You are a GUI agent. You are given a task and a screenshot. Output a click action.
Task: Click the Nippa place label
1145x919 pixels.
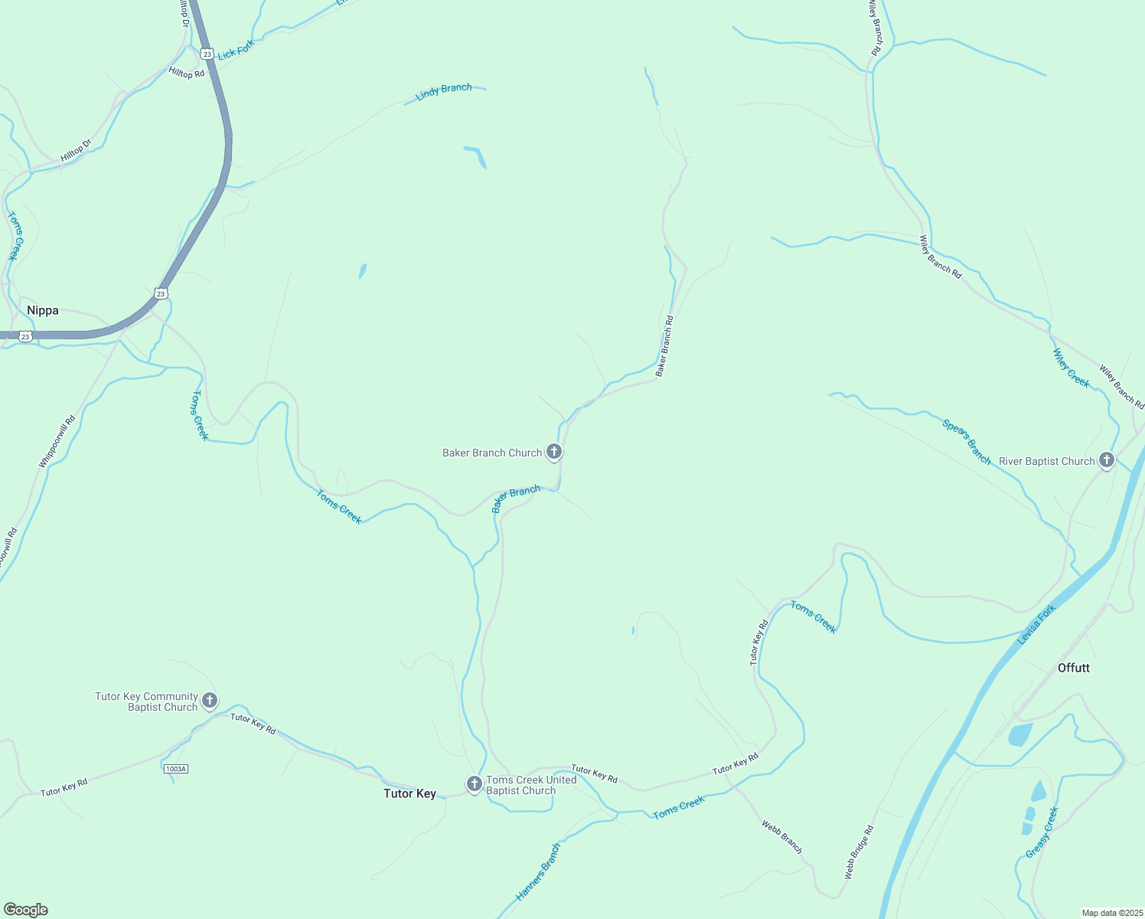[43, 310]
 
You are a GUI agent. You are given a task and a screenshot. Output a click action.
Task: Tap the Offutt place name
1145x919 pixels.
[1073, 668]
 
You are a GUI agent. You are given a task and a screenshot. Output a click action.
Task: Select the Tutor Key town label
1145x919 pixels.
[409, 793]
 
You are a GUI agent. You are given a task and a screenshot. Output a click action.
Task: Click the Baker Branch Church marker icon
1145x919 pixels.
[554, 452]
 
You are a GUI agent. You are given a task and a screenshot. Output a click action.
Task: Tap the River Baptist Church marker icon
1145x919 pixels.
[1106, 460]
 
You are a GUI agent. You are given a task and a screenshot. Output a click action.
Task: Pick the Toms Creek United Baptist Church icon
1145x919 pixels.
[475, 784]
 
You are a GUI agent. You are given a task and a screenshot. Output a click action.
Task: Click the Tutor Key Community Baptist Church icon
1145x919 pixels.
[210, 700]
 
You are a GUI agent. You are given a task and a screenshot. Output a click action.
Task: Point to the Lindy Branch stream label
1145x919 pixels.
[444, 92]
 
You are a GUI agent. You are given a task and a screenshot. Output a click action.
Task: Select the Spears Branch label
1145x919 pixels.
[967, 442]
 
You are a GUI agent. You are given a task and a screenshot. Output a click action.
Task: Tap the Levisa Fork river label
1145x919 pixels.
[1037, 624]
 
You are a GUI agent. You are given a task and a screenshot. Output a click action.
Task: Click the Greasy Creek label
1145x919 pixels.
[1042, 832]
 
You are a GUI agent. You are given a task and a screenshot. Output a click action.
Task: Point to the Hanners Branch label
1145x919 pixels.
[539, 872]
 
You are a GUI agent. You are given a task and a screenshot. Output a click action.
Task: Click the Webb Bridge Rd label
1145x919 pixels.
[859, 852]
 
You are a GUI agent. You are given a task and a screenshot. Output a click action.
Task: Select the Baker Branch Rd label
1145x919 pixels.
[664, 346]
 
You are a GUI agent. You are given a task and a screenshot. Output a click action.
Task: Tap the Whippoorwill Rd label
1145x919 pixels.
[57, 442]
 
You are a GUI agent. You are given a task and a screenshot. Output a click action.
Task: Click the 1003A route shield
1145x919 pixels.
[175, 768]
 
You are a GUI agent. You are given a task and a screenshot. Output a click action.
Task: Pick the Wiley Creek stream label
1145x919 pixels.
[1071, 368]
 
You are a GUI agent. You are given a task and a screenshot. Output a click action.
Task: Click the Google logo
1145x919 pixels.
[25, 910]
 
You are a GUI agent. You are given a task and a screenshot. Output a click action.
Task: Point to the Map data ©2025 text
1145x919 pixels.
[1111, 913]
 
